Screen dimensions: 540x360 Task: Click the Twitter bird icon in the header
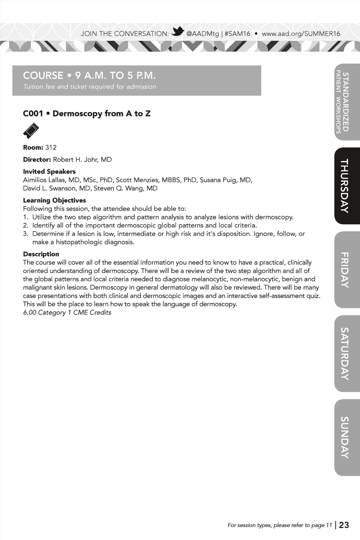pos(178,32)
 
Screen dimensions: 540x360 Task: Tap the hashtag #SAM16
pos(237,34)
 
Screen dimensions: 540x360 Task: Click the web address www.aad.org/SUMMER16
pos(301,34)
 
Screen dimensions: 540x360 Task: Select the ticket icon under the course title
pos(31,130)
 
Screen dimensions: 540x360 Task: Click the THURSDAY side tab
pos(347,186)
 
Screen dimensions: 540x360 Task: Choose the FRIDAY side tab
pos(347,270)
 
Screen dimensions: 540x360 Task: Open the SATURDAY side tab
pos(347,354)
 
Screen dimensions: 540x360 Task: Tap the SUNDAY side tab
pos(347,437)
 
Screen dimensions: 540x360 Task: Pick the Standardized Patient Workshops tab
pos(347,102)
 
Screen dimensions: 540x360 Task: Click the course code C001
pos(33,114)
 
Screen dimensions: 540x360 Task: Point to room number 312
pos(51,147)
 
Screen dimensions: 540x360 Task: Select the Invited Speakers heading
pos(49,172)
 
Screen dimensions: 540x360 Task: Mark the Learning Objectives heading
pos(54,200)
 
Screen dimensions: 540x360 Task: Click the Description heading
pos(41,254)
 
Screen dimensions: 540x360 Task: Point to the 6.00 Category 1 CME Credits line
pos(67,313)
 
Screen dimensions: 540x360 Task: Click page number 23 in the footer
pos(344,525)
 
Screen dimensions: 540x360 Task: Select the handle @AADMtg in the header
pos(202,34)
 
